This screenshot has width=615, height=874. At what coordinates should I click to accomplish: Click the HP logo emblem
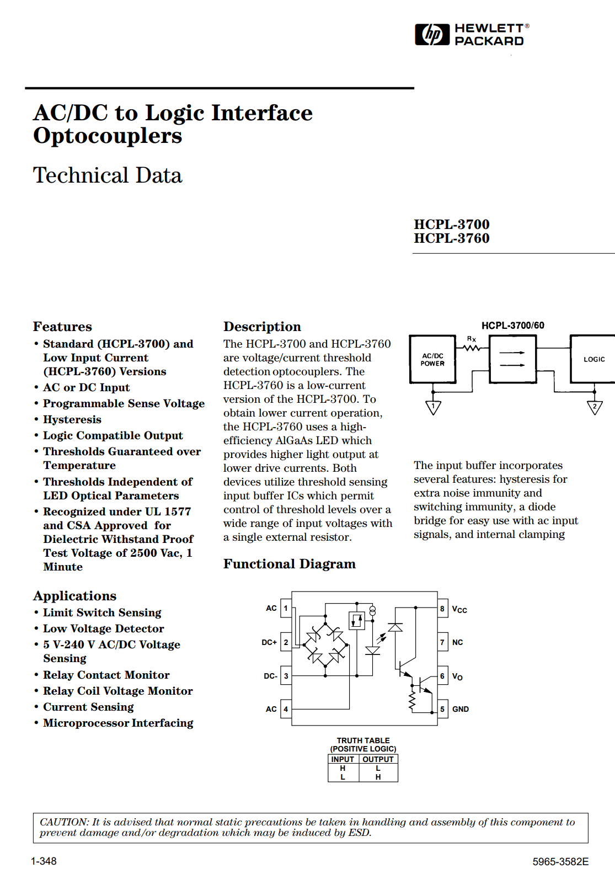tap(432, 34)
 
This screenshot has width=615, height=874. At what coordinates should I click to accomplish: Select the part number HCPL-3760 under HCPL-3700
tap(451, 238)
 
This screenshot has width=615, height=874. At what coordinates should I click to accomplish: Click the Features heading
tap(62, 327)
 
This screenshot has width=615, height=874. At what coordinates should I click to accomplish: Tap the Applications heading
tap(74, 596)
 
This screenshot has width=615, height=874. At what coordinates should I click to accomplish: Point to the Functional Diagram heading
tap(289, 564)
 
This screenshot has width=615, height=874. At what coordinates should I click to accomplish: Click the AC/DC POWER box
tap(432, 360)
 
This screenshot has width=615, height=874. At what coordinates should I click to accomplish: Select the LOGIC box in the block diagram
tap(593, 359)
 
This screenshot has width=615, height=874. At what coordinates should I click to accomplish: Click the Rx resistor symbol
tap(472, 348)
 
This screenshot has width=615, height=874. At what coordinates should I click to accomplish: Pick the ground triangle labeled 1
tap(434, 408)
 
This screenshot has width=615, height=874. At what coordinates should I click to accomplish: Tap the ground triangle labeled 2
tap(595, 408)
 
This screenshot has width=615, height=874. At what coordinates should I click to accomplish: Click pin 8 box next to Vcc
tap(442, 609)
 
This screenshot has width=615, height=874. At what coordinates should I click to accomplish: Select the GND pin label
tap(461, 709)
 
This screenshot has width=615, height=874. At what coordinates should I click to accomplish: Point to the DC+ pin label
tap(269, 642)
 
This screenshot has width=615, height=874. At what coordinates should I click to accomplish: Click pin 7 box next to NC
tap(442, 642)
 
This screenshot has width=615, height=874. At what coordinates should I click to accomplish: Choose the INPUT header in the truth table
tap(343, 759)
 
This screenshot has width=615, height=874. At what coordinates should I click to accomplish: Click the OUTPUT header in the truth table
tap(378, 759)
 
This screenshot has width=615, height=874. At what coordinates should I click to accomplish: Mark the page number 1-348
tap(44, 861)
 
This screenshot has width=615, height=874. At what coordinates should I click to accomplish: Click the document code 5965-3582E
tap(560, 861)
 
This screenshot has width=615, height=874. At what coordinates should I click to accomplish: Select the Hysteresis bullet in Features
tap(72, 420)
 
